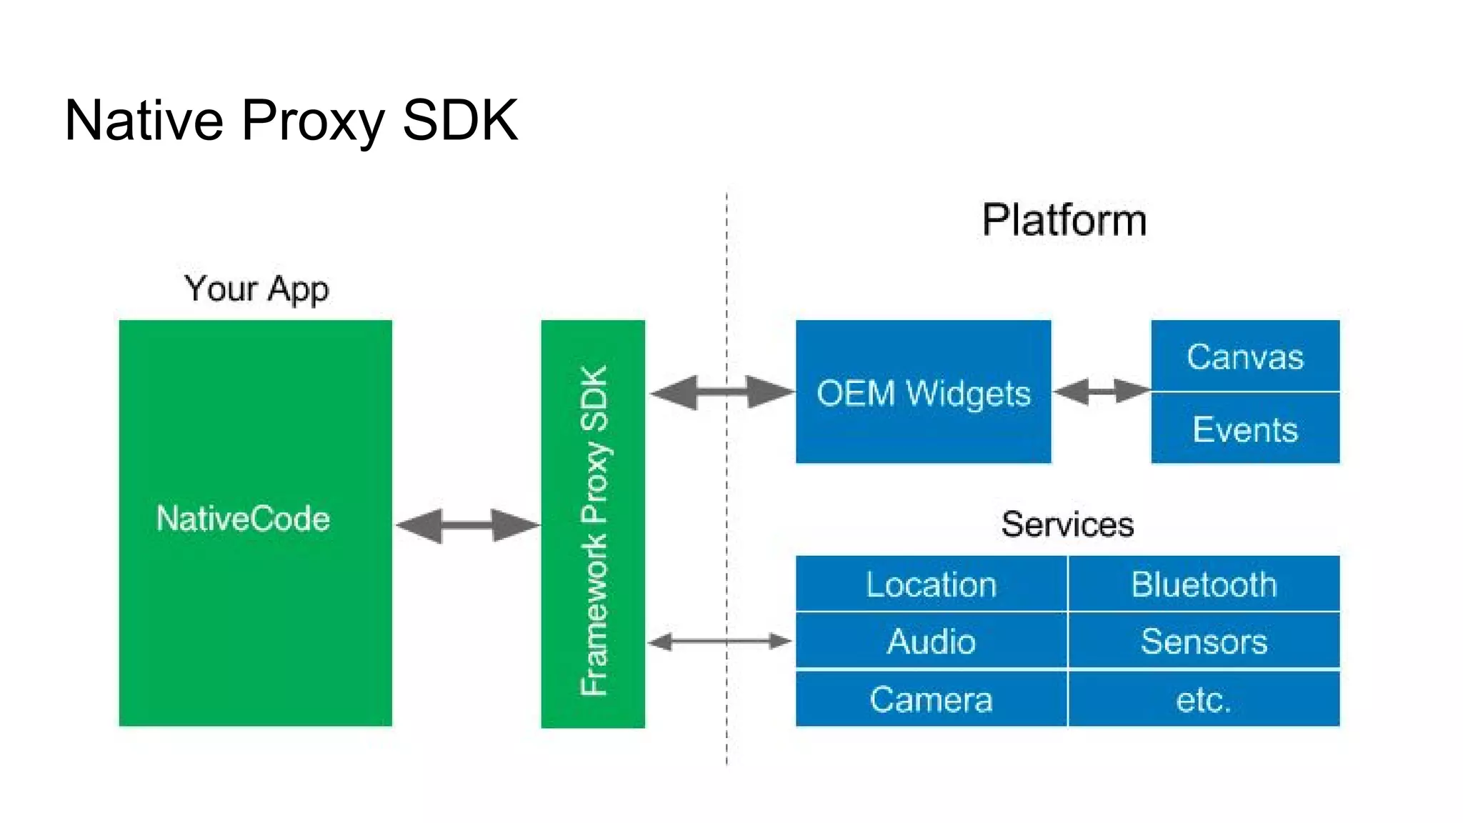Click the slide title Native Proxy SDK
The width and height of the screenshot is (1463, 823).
(x=291, y=120)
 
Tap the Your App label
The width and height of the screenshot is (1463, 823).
(x=256, y=289)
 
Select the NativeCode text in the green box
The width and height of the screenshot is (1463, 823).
(x=243, y=519)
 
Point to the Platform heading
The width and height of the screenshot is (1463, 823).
(x=1064, y=220)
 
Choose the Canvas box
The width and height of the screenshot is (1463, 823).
(x=1245, y=356)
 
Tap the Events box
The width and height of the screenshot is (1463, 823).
(x=1245, y=429)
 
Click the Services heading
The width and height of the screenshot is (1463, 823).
(x=1067, y=524)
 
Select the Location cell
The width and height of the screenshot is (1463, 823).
(x=931, y=584)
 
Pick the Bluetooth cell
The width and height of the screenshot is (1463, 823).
(x=1204, y=584)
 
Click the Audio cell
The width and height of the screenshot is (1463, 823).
(x=931, y=641)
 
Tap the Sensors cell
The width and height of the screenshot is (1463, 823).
(x=1204, y=641)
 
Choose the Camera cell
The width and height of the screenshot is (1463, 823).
(x=931, y=699)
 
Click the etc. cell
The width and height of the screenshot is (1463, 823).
(x=1204, y=699)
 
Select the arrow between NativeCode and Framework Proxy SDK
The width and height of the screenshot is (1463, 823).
(x=467, y=526)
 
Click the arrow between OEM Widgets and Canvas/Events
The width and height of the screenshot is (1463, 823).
(x=1101, y=391)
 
